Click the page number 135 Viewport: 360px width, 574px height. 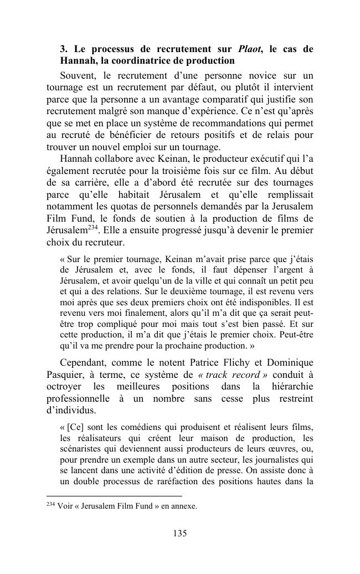click(179, 534)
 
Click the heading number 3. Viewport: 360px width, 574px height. click(63, 49)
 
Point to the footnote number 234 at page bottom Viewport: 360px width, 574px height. click(51, 505)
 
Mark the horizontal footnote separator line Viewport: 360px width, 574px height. click(114, 496)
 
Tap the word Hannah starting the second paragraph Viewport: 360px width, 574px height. click(76, 158)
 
